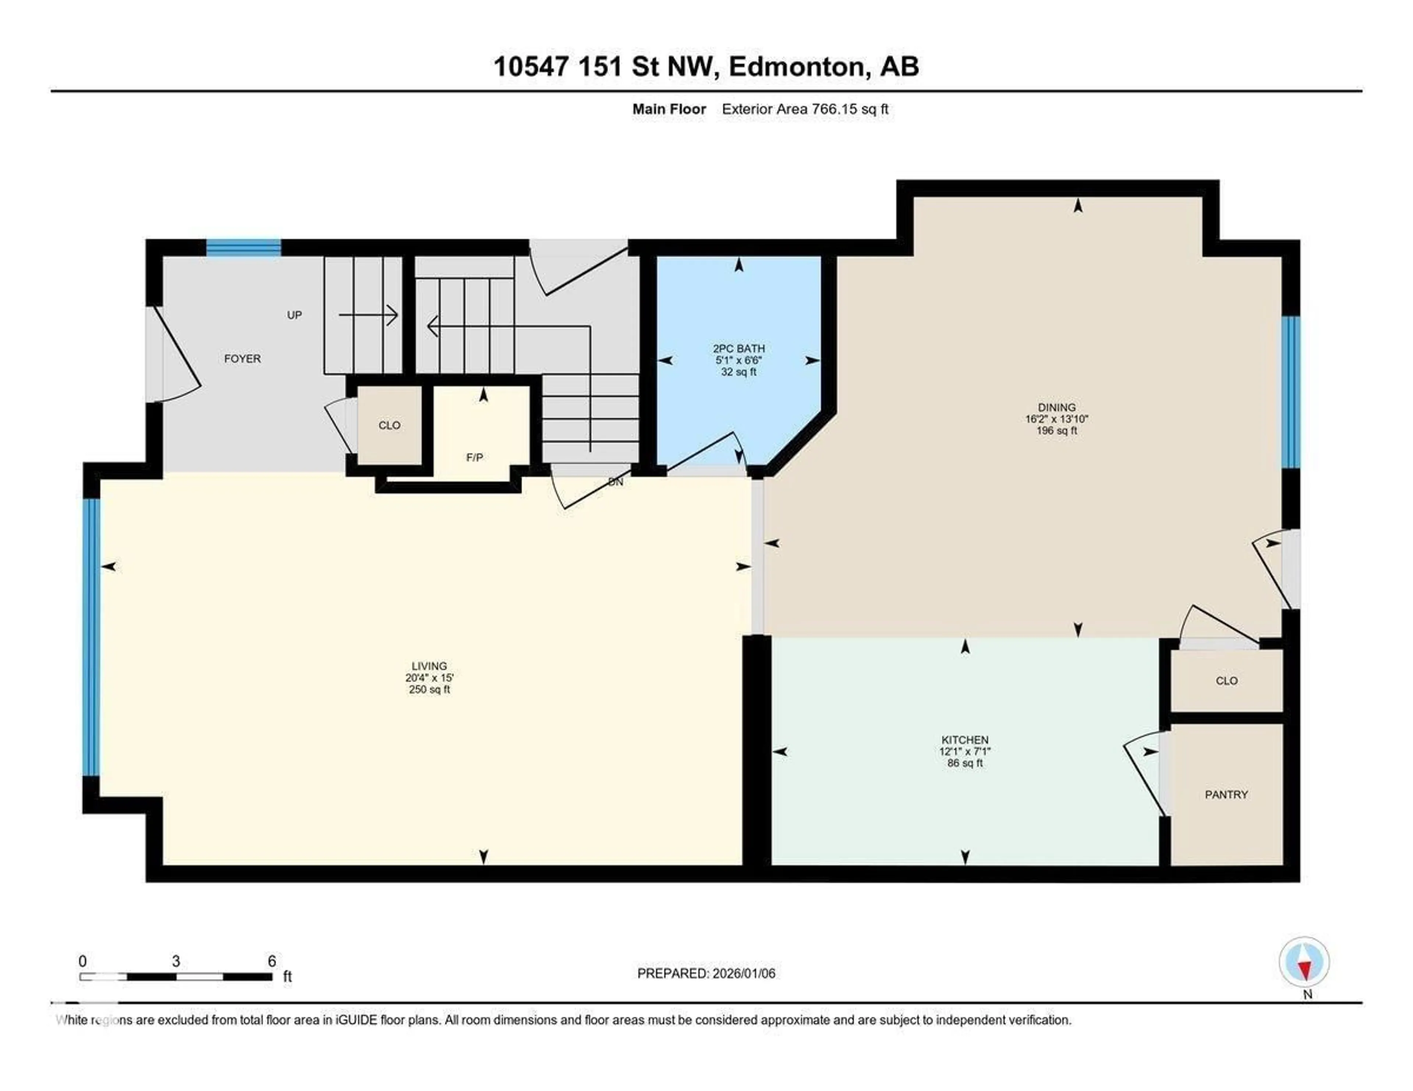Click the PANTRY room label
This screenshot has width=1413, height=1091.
(1226, 794)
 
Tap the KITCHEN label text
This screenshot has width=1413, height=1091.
(965, 739)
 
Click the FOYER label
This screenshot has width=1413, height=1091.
(242, 358)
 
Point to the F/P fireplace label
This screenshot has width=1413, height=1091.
(474, 457)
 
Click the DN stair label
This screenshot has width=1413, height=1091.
(615, 482)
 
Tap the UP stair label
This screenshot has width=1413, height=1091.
(294, 315)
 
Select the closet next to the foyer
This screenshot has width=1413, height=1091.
(389, 425)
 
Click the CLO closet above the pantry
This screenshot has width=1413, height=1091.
(1226, 680)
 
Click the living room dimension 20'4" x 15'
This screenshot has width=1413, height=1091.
(429, 678)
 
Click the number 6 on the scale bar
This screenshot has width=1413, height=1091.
(272, 961)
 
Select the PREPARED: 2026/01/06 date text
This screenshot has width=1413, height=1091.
(706, 973)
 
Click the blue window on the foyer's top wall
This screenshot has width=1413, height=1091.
(243, 248)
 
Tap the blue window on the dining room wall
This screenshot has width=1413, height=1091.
(1290, 392)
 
